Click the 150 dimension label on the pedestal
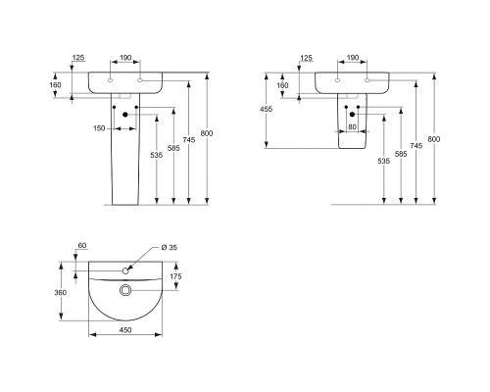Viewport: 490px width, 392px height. point(99,128)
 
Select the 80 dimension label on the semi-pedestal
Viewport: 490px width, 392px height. point(352,126)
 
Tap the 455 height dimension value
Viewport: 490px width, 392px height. point(266,109)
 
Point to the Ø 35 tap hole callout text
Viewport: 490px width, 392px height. point(170,247)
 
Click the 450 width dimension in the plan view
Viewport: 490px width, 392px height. point(125,330)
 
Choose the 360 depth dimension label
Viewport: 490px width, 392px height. point(60,292)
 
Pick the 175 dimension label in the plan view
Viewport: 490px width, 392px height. point(175,276)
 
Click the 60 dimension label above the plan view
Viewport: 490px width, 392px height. point(82,245)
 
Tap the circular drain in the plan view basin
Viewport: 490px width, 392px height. point(125,290)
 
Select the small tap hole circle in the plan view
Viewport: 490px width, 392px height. point(125,270)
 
